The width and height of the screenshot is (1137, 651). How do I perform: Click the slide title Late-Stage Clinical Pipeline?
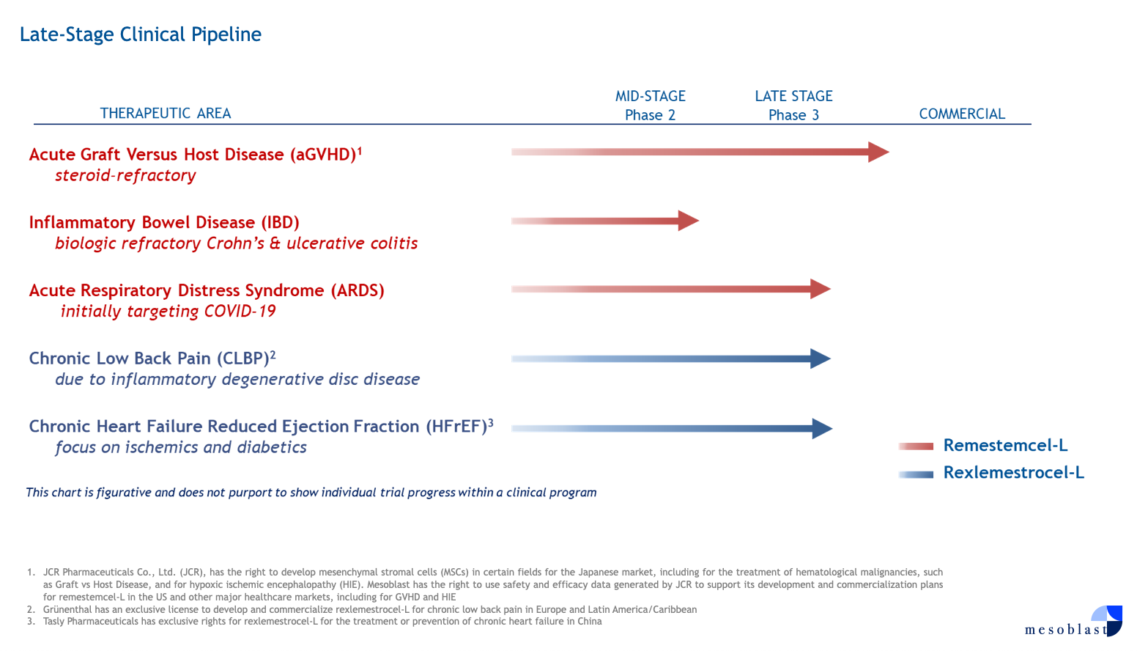coord(141,34)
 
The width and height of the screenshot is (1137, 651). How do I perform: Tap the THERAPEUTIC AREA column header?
coord(166,113)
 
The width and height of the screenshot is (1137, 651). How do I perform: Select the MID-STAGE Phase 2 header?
coord(651,106)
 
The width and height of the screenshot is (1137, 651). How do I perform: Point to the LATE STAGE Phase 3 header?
coord(794,106)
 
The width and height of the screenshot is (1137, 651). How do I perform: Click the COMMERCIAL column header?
coord(962,114)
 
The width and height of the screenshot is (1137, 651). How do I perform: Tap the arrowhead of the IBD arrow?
coord(689,221)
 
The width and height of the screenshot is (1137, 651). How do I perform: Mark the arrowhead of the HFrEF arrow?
coord(822,429)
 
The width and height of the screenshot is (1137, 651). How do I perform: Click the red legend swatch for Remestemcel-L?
coord(916,446)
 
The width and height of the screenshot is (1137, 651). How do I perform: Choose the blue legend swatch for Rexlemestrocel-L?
coord(916,474)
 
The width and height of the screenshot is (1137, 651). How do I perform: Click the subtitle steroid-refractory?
coord(125,176)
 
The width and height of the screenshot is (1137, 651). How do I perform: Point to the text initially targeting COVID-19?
coord(168,312)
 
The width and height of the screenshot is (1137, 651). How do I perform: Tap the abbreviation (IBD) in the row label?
coord(280,222)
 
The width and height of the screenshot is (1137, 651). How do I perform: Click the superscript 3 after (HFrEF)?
coord(491,422)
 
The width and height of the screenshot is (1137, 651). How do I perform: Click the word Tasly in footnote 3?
coord(53,622)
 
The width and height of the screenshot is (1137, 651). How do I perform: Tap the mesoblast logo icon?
coord(1107,620)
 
